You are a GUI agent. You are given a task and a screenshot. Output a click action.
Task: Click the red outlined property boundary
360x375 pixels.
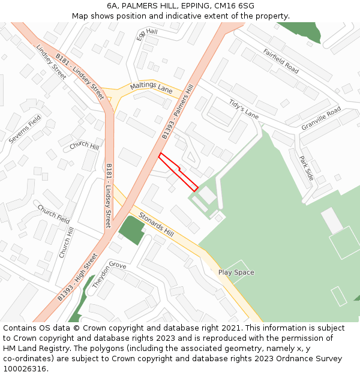tap(178, 172)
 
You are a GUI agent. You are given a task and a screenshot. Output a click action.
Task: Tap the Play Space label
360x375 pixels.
tap(236, 272)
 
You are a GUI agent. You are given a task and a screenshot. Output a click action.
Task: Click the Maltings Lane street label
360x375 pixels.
tap(151, 88)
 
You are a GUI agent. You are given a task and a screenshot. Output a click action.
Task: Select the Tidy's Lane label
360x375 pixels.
tap(244, 108)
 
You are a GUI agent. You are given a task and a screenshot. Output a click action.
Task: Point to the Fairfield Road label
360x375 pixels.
tap(280, 61)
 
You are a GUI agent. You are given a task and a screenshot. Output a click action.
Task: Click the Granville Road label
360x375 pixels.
tap(321, 118)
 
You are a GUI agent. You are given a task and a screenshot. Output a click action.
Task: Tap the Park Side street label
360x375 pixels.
tap(306, 168)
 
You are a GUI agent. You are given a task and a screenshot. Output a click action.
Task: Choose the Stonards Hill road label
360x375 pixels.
tap(155, 224)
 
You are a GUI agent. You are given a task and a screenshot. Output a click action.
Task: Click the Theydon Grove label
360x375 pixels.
tap(109, 273)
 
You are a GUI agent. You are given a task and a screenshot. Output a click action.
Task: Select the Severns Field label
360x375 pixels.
tap(25, 129)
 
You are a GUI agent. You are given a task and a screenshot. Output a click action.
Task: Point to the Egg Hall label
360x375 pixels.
tap(146, 34)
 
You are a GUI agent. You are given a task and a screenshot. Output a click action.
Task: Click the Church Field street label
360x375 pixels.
tap(54, 214)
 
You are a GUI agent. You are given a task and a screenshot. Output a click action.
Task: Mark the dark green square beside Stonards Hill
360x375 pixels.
tap(131, 230)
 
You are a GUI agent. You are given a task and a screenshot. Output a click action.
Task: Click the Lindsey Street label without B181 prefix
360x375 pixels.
tap(51, 62)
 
